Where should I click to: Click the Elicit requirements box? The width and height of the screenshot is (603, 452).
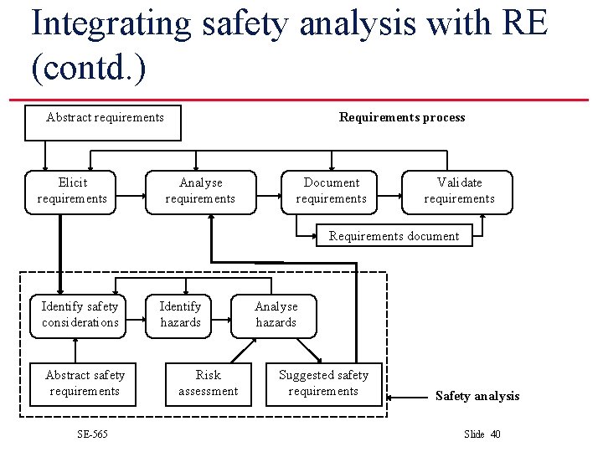pyautogui.click(x=72, y=191)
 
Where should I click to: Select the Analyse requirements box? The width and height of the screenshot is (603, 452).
pyautogui.click(x=200, y=191)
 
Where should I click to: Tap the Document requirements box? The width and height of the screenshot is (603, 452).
pyautogui.click(x=331, y=191)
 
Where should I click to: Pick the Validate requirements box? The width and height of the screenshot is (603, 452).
pyautogui.click(x=458, y=191)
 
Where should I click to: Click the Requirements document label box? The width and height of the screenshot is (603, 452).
pyautogui.click(x=394, y=236)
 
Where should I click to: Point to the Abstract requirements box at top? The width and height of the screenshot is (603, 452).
pyautogui.click(x=105, y=117)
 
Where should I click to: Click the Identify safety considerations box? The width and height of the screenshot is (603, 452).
pyautogui.click(x=80, y=315)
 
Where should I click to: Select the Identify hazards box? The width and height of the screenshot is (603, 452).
pyautogui.click(x=180, y=315)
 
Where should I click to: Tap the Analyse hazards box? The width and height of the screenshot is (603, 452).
pyautogui.click(x=276, y=315)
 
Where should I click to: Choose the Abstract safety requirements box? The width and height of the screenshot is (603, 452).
pyautogui.click(x=85, y=383)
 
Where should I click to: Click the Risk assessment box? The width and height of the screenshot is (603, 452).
pyautogui.click(x=208, y=383)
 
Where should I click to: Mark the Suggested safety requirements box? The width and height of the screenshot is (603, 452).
pyautogui.click(x=323, y=383)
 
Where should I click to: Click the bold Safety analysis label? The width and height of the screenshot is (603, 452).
pyautogui.click(x=477, y=396)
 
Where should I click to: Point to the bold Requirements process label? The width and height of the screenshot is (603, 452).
pyautogui.click(x=402, y=117)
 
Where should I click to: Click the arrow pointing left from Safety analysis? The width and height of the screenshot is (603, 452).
pyautogui.click(x=410, y=396)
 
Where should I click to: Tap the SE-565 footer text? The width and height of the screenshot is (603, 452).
pyautogui.click(x=91, y=434)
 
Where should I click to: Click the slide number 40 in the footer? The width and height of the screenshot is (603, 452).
pyautogui.click(x=495, y=434)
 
